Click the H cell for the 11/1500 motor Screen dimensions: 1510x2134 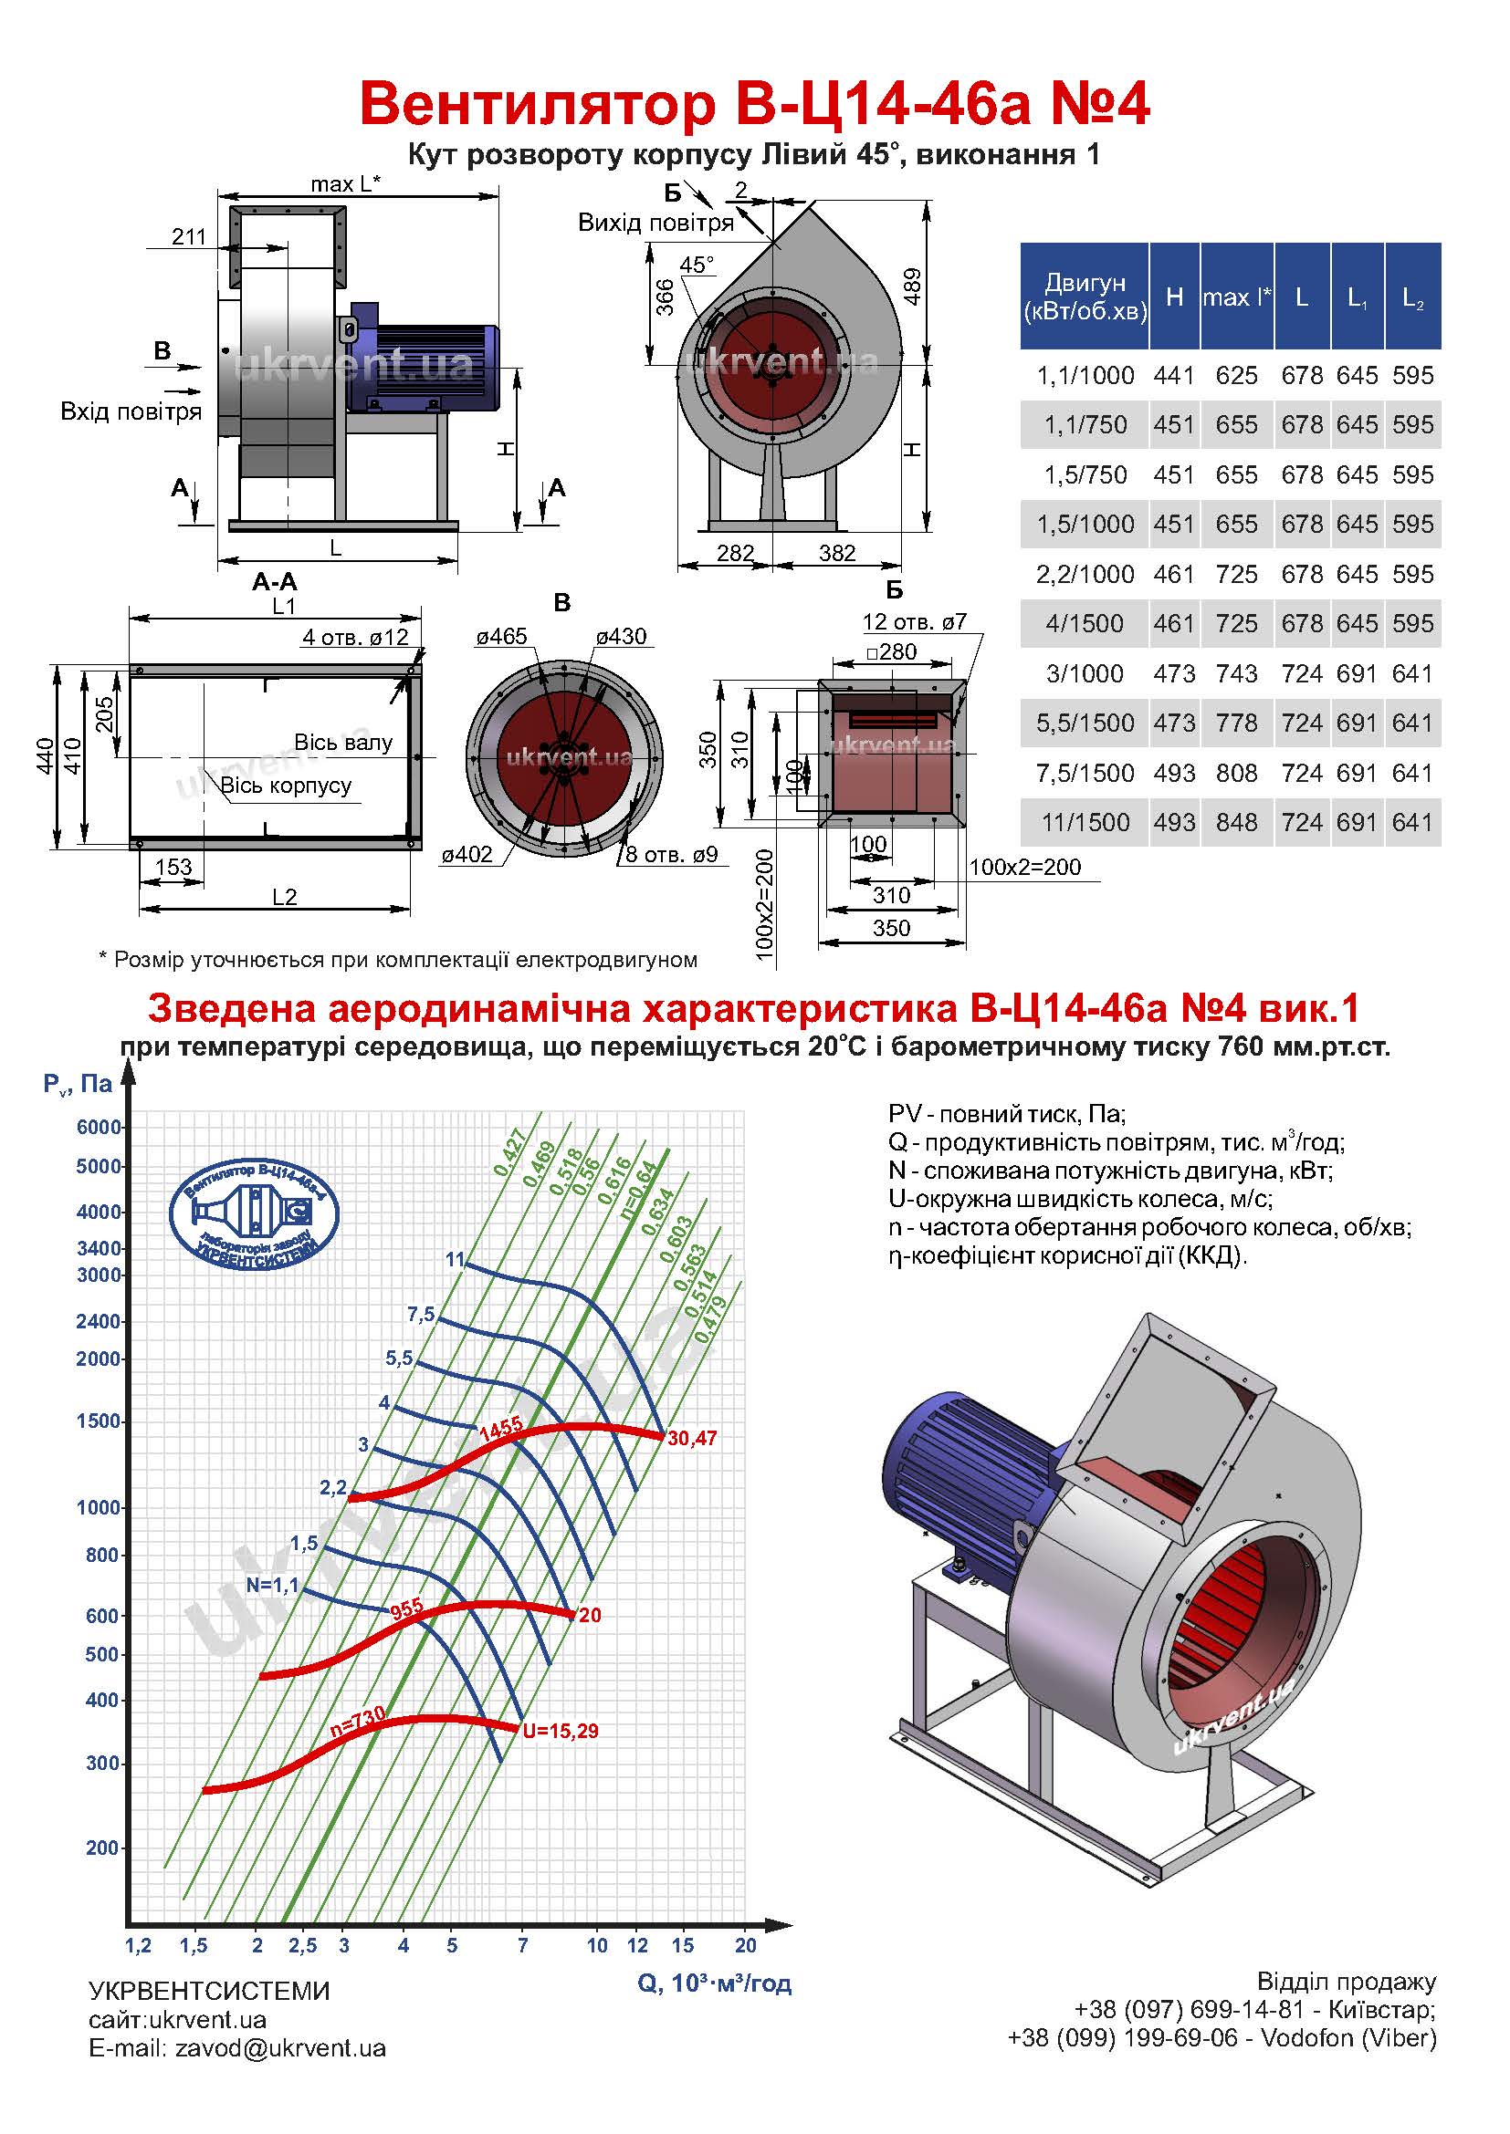click(1174, 823)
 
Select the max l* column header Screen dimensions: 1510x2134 click(1237, 297)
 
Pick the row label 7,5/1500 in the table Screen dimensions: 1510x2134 click(1085, 774)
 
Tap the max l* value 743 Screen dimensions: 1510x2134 click(1237, 674)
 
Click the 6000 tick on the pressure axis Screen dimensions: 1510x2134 click(99, 1128)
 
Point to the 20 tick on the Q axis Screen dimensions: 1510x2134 click(746, 1945)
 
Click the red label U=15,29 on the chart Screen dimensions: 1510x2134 click(560, 1732)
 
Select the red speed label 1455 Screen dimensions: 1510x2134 click(500, 1429)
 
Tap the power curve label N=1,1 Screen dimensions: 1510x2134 click(272, 1586)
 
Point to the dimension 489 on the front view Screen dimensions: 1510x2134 click(912, 286)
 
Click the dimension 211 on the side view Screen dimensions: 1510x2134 click(189, 236)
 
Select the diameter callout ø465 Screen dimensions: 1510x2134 click(501, 637)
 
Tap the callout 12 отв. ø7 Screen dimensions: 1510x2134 click(914, 622)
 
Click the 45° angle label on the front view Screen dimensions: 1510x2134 click(697, 265)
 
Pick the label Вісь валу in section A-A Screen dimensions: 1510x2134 click(343, 743)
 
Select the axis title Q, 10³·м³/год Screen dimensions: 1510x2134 click(714, 1983)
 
